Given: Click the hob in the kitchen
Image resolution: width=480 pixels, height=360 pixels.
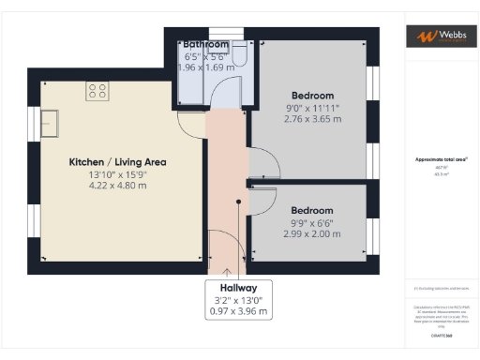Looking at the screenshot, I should pos(97,91).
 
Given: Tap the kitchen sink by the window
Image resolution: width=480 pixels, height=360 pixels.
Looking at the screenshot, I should pos(50,123).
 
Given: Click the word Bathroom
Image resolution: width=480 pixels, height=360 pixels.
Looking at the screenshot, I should pos(205,44).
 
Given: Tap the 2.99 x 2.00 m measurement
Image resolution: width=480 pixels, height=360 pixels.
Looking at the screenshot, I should pos(313,234).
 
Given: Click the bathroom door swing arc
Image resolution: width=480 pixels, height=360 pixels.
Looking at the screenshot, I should pos(226,96).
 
